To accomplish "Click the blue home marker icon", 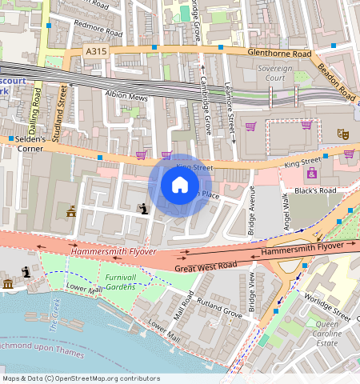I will [x=180, y=186].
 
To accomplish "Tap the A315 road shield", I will [x=96, y=51].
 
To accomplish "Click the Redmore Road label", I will [x=97, y=29].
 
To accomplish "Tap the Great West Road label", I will [x=206, y=266].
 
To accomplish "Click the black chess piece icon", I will [x=143, y=209].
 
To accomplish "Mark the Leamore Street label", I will [x=230, y=104].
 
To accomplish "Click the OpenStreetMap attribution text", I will [x=80, y=378].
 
